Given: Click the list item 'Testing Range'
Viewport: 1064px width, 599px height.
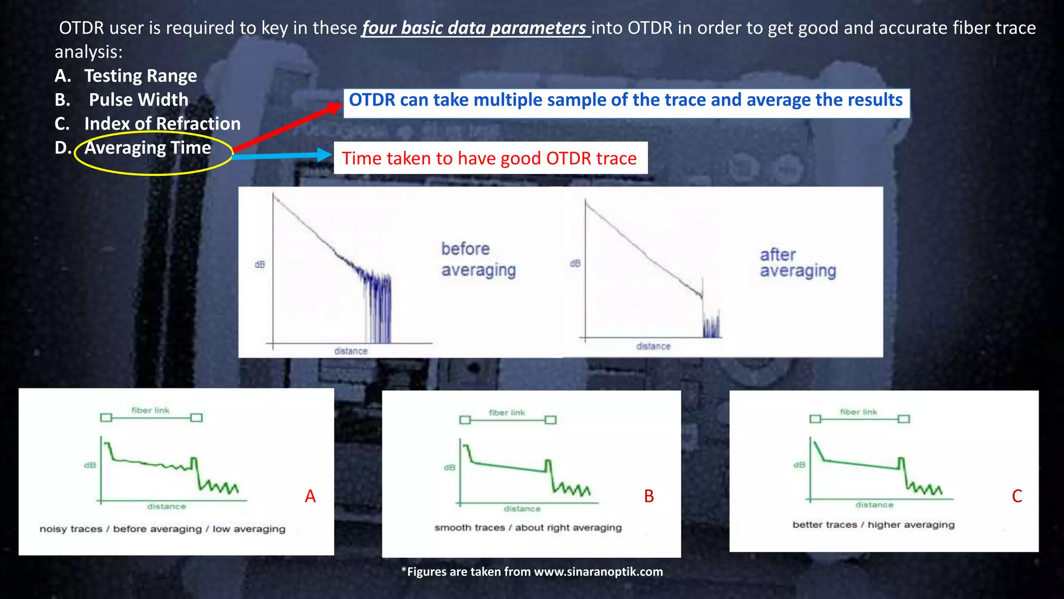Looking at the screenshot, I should point(140,76).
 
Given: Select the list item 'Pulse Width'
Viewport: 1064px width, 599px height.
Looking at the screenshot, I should point(138,100).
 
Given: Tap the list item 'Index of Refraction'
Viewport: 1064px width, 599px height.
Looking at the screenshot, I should point(162,124).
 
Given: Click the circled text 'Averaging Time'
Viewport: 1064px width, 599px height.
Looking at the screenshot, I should point(148,148).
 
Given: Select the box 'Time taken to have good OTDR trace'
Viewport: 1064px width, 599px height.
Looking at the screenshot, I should point(489,158).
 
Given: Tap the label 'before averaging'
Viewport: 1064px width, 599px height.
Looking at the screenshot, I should point(478,259).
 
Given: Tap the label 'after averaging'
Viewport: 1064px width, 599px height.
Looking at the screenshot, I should point(797,263).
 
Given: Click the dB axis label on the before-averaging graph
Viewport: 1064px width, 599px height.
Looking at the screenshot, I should point(260,265).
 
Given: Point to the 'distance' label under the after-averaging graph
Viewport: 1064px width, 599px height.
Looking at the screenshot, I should point(653,346).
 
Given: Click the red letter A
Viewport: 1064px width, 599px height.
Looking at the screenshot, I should point(310,496).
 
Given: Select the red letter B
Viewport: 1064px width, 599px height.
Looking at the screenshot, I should point(649,496).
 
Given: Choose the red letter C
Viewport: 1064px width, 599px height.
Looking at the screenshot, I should point(1017,496).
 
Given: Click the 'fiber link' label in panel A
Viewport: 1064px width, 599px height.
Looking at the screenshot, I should point(150,410).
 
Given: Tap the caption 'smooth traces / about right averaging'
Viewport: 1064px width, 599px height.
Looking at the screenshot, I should point(528,528).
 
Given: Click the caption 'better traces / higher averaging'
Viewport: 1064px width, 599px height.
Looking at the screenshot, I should point(873,525).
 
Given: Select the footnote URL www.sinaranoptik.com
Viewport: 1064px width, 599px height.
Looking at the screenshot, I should point(598,572).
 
